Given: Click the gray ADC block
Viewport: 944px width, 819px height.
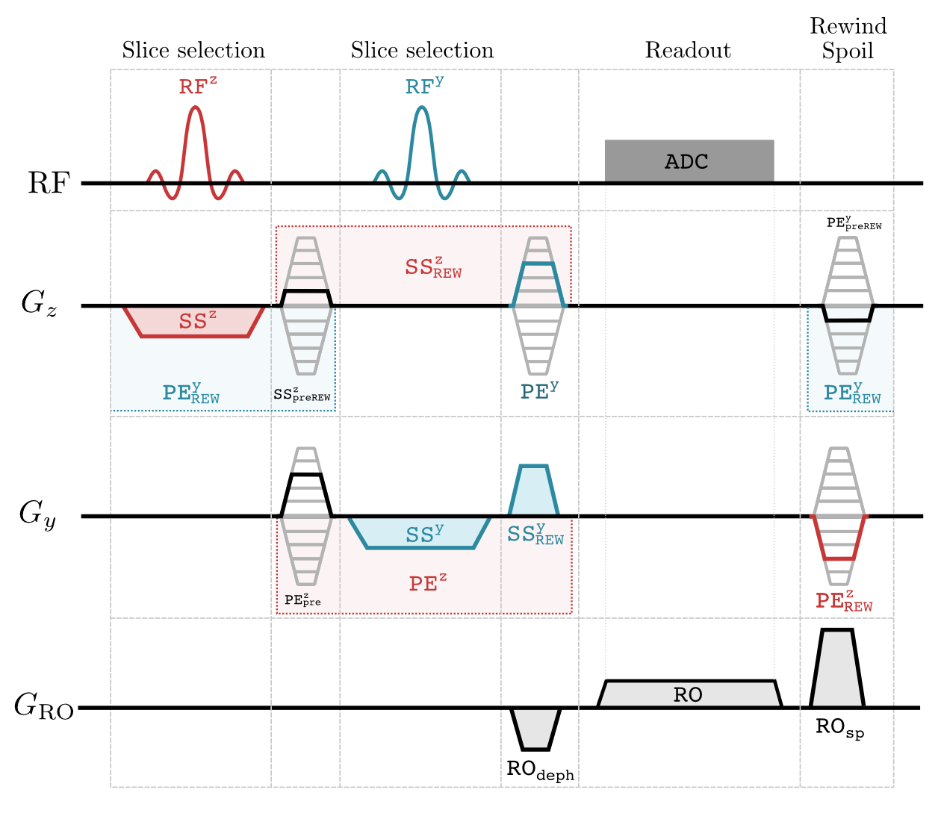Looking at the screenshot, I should (689, 161).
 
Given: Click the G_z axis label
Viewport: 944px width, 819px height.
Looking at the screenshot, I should (39, 304).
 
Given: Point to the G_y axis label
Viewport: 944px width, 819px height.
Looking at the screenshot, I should (37, 515).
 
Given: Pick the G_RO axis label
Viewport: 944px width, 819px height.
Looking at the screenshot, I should (44, 706).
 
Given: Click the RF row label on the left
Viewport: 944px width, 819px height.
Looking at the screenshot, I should (49, 183).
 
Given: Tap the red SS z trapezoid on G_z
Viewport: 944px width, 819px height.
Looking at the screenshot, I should (195, 322).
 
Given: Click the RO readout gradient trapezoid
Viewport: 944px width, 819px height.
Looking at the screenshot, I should (689, 694).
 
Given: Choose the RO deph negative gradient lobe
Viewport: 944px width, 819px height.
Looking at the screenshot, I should (535, 729).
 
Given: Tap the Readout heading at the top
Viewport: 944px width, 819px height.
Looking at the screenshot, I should (688, 51).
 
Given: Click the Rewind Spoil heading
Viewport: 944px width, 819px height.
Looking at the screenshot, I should (848, 39).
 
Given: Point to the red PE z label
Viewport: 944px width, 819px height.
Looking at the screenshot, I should (428, 583).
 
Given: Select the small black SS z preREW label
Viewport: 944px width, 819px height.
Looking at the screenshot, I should (302, 395).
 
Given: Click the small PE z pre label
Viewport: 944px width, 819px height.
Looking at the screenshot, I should (302, 600).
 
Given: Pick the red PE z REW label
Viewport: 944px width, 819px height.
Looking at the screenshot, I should (844, 601).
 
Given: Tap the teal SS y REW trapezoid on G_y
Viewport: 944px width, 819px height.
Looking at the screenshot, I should (534, 491).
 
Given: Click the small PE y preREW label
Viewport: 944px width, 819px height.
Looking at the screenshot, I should (854, 223).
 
